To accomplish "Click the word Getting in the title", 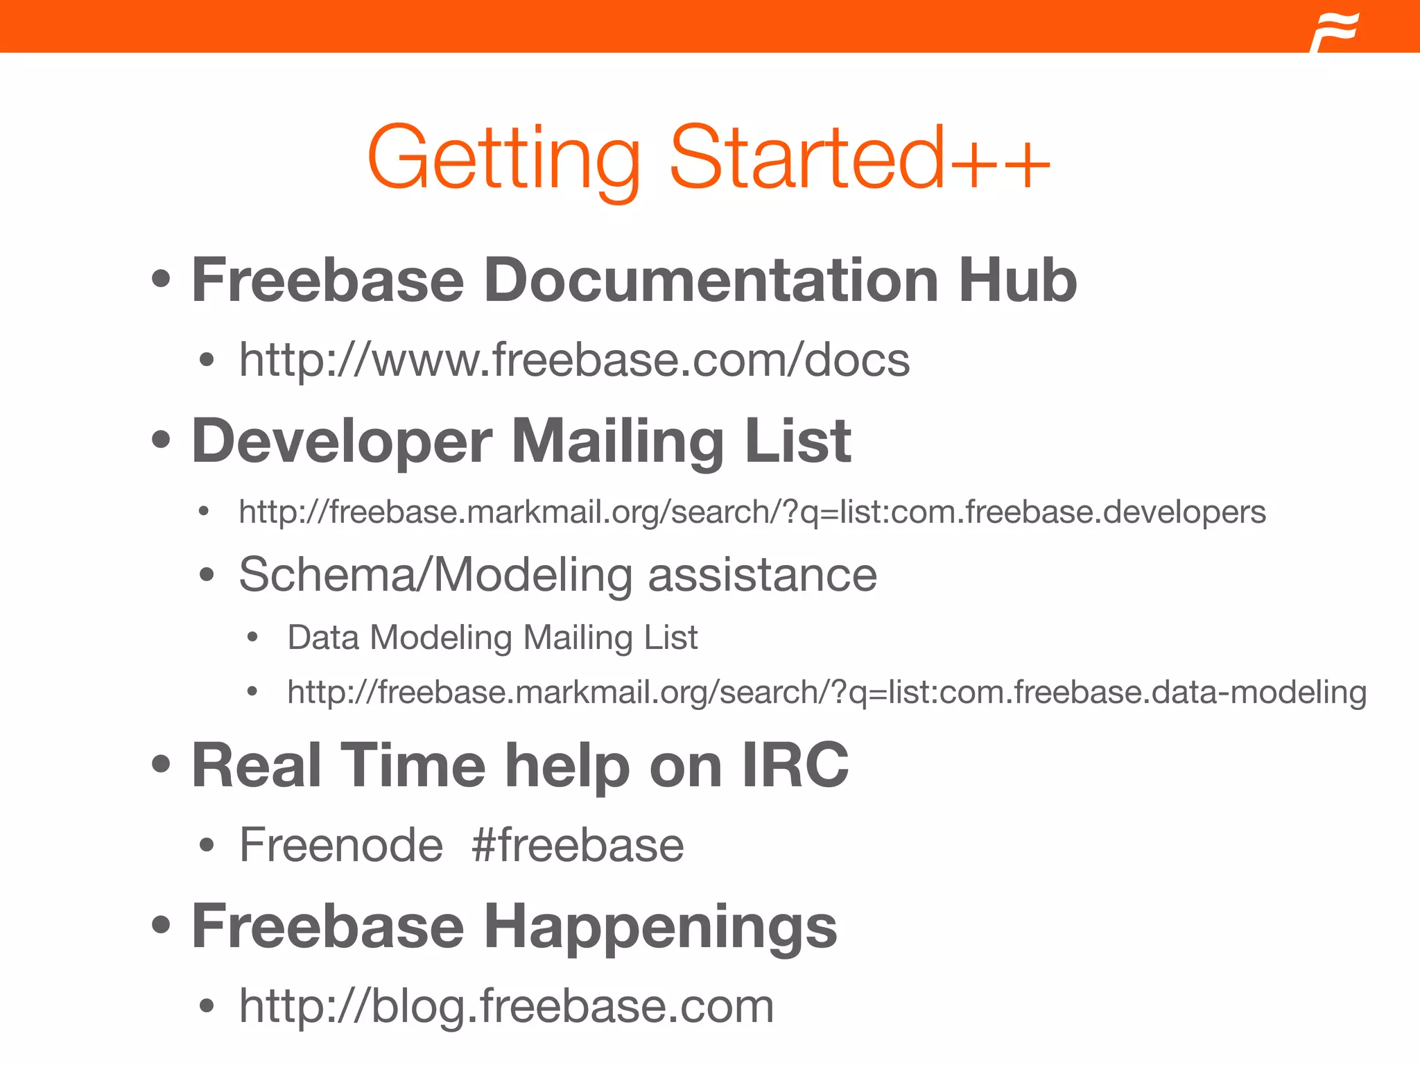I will pos(504,158).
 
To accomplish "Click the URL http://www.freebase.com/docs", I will pos(574,360).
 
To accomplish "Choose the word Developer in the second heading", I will pos(342,442).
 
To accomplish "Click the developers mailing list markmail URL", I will pos(752,512).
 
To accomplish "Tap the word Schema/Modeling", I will pos(435,575).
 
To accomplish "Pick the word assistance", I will pos(762,575).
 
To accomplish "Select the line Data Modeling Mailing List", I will pos(492,637).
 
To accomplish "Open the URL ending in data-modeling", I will pos(826,692).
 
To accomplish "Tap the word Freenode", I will pos(341,845).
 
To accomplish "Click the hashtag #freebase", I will pos(578,845).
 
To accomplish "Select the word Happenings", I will pos(660,927).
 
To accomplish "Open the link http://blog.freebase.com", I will pos(506,1006).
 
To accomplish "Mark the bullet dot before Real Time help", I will pos(161,765).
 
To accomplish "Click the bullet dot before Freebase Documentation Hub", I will pos(161,279).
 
